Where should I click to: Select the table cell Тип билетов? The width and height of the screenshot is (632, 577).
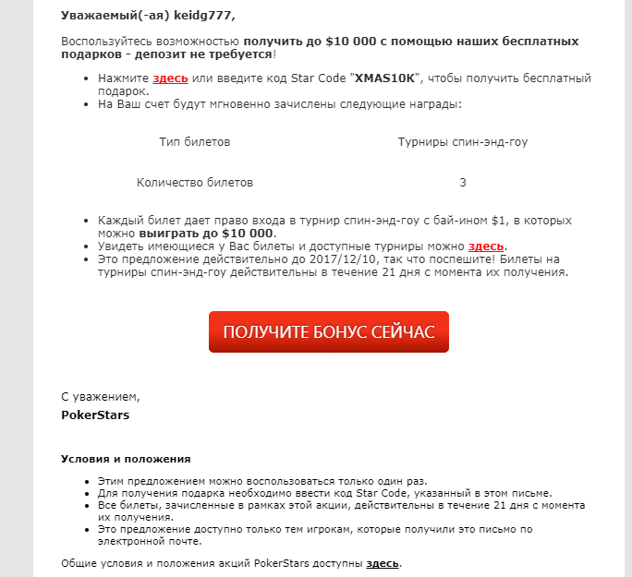click(194, 142)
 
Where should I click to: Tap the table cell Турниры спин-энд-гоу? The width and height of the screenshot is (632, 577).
click(462, 142)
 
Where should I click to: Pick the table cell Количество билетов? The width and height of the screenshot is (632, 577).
click(194, 183)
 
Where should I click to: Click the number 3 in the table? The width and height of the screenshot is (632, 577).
click(462, 183)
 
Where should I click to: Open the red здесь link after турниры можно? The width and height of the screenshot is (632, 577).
click(486, 246)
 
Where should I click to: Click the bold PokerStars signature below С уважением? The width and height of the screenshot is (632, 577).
click(95, 415)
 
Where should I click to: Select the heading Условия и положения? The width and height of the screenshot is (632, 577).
click(126, 458)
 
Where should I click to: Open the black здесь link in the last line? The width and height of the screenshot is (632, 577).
click(383, 562)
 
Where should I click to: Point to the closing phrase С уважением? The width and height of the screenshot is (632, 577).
click(100, 396)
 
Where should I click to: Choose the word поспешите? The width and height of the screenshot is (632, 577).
click(477, 259)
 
